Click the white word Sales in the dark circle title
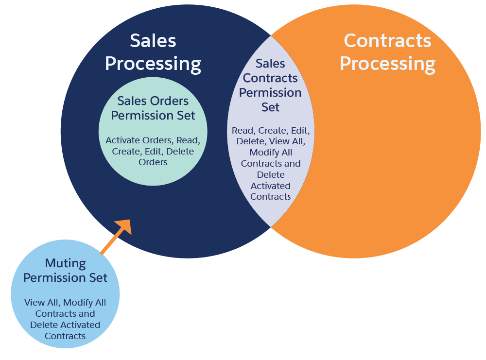(153, 41)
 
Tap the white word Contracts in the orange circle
(387, 41)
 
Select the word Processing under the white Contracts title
(387, 64)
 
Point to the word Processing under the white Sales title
(153, 64)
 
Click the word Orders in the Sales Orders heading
(171, 101)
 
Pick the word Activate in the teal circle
(122, 140)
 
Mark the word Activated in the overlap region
(271, 186)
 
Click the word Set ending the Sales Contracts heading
(271, 107)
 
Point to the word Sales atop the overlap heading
(271, 64)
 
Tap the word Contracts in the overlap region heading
(271, 78)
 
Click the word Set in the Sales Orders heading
(185, 116)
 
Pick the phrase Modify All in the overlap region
(271, 153)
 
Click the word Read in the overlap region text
(242, 131)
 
